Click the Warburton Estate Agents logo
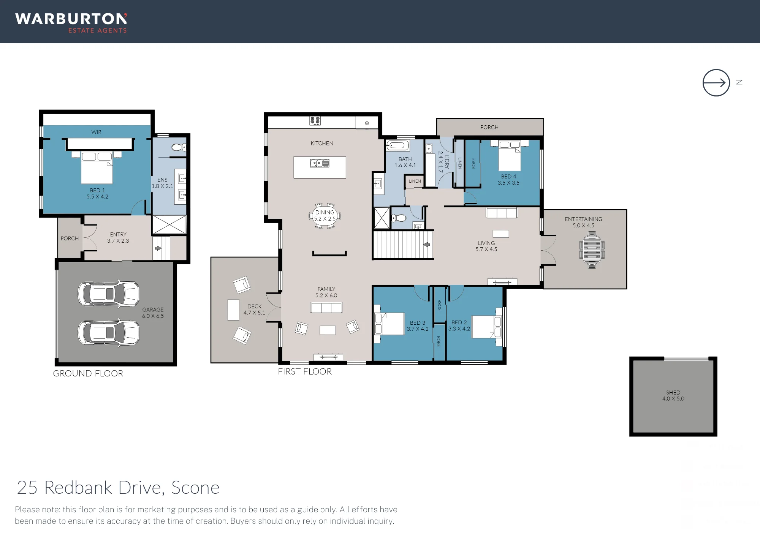pos(71,23)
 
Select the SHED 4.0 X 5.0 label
pos(673,395)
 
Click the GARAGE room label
pos(153,310)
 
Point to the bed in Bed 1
pos(97,167)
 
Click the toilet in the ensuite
pos(179,147)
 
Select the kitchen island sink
pos(320,163)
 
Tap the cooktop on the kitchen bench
pos(315,121)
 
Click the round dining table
pos(325,215)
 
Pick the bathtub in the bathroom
pos(397,145)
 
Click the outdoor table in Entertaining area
pos(592,250)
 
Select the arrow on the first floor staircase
pos(426,245)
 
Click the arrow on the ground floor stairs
pos(158,248)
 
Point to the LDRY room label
pos(447,161)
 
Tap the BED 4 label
pos(508,177)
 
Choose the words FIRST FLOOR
pos(305,372)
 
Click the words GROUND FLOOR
pos(88,374)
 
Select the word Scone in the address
pos(195,488)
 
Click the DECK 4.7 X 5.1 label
pos(254,310)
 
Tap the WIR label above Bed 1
pos(96,132)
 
